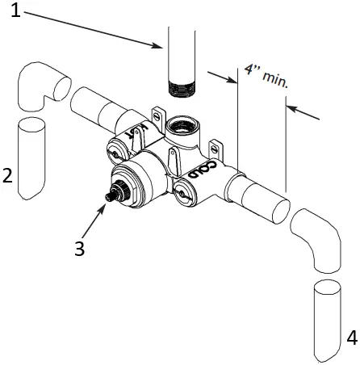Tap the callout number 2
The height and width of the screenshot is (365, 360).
[x=8, y=174]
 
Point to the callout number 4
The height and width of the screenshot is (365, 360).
[x=351, y=338]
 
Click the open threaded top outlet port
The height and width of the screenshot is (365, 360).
[x=182, y=125]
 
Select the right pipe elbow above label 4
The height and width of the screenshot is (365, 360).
[x=320, y=237]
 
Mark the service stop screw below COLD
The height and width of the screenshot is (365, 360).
[x=185, y=193]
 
